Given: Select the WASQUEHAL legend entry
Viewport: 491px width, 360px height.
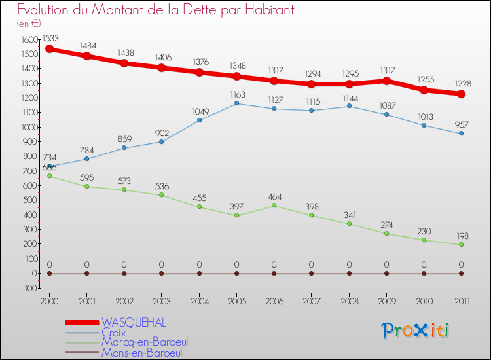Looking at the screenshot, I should (134, 322).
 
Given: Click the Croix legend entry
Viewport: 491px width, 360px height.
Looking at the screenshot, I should (114, 333).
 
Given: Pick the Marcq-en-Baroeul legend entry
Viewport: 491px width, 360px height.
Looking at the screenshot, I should (144, 342).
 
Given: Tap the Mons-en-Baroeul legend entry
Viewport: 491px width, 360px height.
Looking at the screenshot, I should (141, 353).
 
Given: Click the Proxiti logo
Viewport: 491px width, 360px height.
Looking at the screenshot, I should (416, 331).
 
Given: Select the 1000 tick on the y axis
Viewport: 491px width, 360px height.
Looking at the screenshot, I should (28, 127).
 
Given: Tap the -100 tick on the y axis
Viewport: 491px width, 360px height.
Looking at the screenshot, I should (29, 288).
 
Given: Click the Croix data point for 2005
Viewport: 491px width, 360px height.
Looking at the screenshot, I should (236, 103).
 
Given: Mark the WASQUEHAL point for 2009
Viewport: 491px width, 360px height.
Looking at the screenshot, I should (386, 81).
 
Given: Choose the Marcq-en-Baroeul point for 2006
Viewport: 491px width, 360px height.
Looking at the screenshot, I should (274, 206).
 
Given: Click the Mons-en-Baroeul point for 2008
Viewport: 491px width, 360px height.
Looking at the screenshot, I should (349, 274).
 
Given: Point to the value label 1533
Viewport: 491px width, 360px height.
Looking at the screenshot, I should (50, 38).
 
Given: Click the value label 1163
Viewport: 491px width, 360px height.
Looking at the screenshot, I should (236, 95).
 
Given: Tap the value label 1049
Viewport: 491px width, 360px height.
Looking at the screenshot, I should (199, 111).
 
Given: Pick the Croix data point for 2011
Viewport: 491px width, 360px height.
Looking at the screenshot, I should (461, 134).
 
